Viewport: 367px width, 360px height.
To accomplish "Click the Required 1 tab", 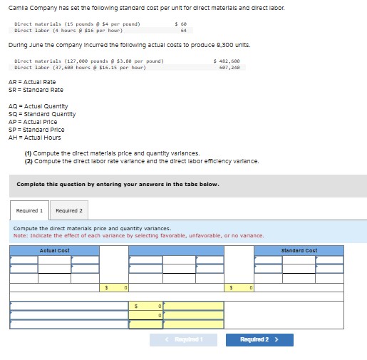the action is pyautogui.click(x=30, y=211).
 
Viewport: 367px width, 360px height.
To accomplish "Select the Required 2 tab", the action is pyautogui.click(x=69, y=211).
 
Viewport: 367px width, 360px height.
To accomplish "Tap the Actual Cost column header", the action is pyautogui.click(x=54, y=250).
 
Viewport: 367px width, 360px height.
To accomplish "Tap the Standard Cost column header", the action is pyautogui.click(x=299, y=250).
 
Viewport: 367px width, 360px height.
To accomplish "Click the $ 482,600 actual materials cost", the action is pyautogui.click(x=227, y=61).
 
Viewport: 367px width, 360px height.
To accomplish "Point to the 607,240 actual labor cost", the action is pyautogui.click(x=230, y=68).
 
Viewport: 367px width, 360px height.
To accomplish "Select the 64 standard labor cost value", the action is pyautogui.click(x=184, y=31).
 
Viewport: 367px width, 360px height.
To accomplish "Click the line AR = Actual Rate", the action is pyautogui.click(x=32, y=82).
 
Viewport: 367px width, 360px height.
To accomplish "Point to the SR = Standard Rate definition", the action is pyautogui.click(x=36, y=90).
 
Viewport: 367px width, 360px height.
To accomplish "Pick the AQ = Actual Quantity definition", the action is pyautogui.click(x=37, y=106).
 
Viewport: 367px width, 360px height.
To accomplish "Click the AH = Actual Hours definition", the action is pyautogui.click(x=35, y=138).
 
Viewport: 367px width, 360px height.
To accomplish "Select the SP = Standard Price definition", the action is pyautogui.click(x=36, y=130).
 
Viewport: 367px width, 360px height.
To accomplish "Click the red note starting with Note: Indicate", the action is pyautogui.click(x=138, y=235).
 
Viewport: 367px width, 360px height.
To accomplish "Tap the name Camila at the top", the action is pyautogui.click(x=19, y=7).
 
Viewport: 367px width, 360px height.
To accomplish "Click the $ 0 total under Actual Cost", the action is pyautogui.click(x=115, y=288).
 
